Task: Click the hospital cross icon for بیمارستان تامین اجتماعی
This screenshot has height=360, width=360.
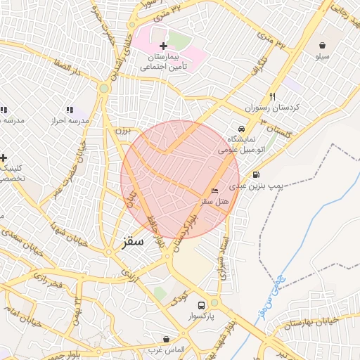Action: [x=164, y=46]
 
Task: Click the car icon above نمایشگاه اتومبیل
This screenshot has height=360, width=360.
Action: [x=241, y=129]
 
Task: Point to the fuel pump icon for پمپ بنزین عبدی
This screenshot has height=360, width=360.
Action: [x=255, y=175]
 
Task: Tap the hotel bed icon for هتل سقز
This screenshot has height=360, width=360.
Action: [x=214, y=191]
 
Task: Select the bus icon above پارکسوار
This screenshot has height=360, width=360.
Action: [x=202, y=306]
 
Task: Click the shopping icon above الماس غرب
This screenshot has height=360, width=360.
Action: [x=166, y=339]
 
